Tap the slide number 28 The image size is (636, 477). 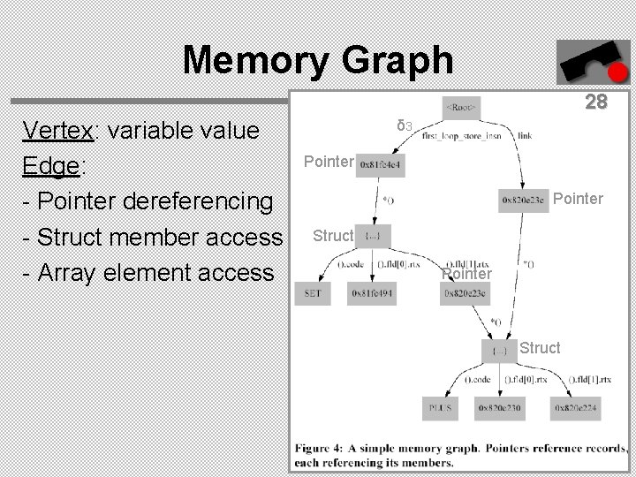596,102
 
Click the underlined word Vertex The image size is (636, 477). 60,131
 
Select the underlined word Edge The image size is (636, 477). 49,166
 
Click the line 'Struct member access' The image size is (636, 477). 151,237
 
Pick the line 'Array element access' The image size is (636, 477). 148,272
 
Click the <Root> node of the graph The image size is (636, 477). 462,108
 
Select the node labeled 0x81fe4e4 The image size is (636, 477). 381,164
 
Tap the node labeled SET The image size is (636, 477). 313,293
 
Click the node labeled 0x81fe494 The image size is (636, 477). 371,293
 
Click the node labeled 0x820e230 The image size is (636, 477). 499,408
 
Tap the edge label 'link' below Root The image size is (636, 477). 525,137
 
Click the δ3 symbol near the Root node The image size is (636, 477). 405,125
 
